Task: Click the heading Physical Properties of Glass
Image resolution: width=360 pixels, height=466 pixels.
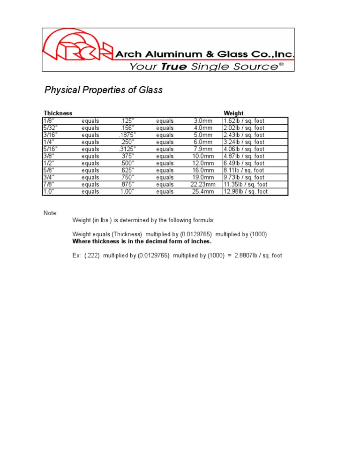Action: [x=103, y=90]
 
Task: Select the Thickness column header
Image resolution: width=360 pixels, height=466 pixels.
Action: [x=58, y=113]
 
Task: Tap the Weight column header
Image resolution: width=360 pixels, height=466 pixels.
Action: [x=233, y=113]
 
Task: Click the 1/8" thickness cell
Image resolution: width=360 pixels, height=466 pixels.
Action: [x=49, y=121]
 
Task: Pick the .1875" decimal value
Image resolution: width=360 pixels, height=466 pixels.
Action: [x=127, y=135]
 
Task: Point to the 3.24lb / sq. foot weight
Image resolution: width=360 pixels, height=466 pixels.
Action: [x=244, y=142]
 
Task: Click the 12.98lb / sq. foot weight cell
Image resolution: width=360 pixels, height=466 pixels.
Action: [x=246, y=192]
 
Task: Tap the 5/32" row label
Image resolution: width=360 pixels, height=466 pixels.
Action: [x=50, y=128]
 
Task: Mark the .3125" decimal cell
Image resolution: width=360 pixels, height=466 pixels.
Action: [x=127, y=149]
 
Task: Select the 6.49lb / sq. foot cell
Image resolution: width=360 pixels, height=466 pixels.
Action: [x=244, y=163]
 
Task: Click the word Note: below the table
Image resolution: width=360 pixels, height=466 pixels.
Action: [x=51, y=213]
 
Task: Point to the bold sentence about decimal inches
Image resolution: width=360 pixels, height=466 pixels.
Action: [x=142, y=241]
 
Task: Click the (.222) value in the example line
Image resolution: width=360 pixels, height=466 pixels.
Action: [x=92, y=256]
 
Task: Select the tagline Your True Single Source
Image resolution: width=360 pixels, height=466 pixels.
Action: [x=206, y=67]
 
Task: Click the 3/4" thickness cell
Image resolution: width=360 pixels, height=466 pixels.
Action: [x=49, y=178]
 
